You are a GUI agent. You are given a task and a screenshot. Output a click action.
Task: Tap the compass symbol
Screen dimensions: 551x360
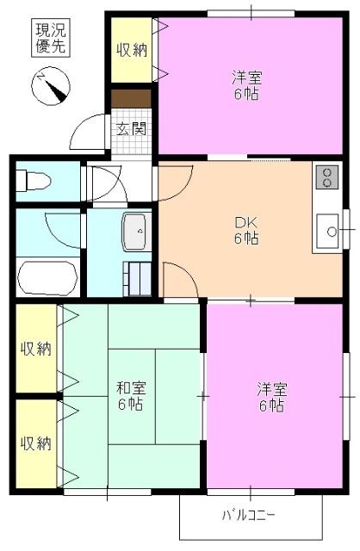[51, 86]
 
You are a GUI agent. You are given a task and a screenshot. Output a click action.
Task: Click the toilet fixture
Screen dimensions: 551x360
[35, 182]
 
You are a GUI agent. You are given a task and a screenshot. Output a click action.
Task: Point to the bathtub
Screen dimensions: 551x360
[48, 276]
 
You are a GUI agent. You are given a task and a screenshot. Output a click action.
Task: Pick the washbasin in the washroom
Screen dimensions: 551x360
[136, 231]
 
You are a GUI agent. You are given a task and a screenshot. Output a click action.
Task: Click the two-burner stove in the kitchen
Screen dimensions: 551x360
[327, 177]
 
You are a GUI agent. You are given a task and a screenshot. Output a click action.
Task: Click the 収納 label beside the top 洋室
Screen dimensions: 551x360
[131, 49]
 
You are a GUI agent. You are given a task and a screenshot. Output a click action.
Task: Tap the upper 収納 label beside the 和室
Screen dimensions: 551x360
[36, 349]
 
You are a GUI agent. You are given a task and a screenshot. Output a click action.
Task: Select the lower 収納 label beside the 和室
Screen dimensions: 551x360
[36, 443]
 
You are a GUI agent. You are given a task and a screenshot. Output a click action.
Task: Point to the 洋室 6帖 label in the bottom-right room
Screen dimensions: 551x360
[270, 397]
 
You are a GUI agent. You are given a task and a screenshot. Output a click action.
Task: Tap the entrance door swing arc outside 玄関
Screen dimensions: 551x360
[89, 133]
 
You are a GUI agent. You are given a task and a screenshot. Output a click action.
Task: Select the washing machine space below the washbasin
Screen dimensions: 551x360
[137, 277]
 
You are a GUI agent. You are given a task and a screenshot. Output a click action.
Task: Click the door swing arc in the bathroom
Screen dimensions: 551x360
[60, 231]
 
